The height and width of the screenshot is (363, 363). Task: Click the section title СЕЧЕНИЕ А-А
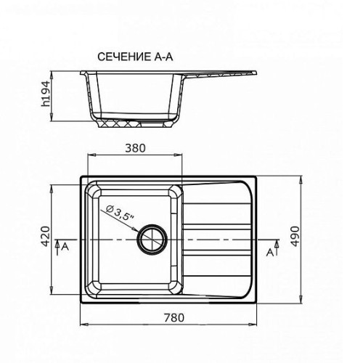[135, 57]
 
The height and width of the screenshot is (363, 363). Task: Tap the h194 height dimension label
[46, 94]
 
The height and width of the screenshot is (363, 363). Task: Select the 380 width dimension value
[135, 148]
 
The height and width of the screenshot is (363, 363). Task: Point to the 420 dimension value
[46, 236]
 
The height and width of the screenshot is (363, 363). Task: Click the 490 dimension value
[295, 236]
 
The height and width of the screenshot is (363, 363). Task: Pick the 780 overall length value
[174, 317]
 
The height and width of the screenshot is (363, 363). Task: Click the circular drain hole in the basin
[152, 240]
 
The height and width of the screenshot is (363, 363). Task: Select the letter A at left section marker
[65, 247]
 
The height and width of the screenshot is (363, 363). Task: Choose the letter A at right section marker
[270, 253]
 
